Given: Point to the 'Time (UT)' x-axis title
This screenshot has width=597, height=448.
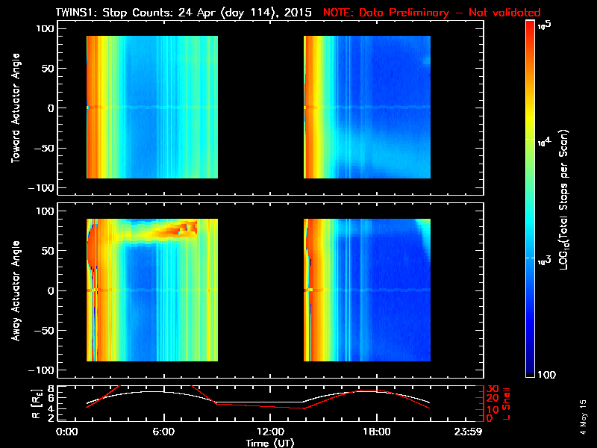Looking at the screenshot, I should tap(270, 442).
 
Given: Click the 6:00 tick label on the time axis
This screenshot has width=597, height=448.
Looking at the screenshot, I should tap(163, 432).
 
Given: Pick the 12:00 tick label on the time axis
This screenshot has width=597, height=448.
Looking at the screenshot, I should tap(269, 432).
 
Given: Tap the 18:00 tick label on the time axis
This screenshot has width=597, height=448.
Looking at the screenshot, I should tap(376, 432).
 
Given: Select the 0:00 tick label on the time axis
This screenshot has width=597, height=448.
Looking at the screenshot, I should tap(66, 432).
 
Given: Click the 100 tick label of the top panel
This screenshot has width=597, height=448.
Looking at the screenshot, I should tap(46, 28).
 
